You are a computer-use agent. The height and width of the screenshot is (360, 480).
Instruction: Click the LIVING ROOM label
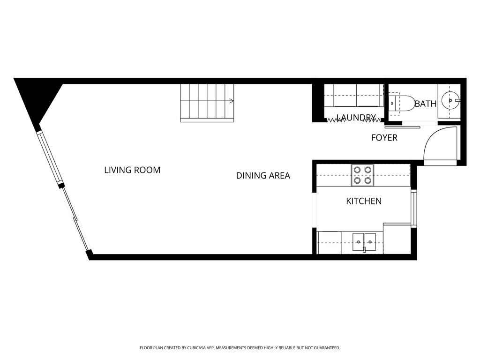click(132, 170)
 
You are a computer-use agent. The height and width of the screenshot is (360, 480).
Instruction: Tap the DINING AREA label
click(263, 176)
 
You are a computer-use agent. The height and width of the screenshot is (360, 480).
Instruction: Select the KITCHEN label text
click(364, 201)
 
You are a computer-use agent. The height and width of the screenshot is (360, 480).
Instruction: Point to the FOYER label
click(384, 138)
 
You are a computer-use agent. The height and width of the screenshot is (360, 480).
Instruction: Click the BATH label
click(426, 104)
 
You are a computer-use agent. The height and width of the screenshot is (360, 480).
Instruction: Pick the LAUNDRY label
click(356, 118)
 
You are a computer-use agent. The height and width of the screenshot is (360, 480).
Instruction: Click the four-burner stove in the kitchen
click(362, 175)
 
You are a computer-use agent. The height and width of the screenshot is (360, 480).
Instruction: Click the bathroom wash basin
click(451, 100)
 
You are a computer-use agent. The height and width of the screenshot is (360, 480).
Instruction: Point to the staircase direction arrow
click(232, 101)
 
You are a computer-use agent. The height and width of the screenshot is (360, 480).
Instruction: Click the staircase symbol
click(207, 103)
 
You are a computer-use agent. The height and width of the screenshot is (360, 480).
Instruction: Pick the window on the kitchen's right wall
click(413, 208)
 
